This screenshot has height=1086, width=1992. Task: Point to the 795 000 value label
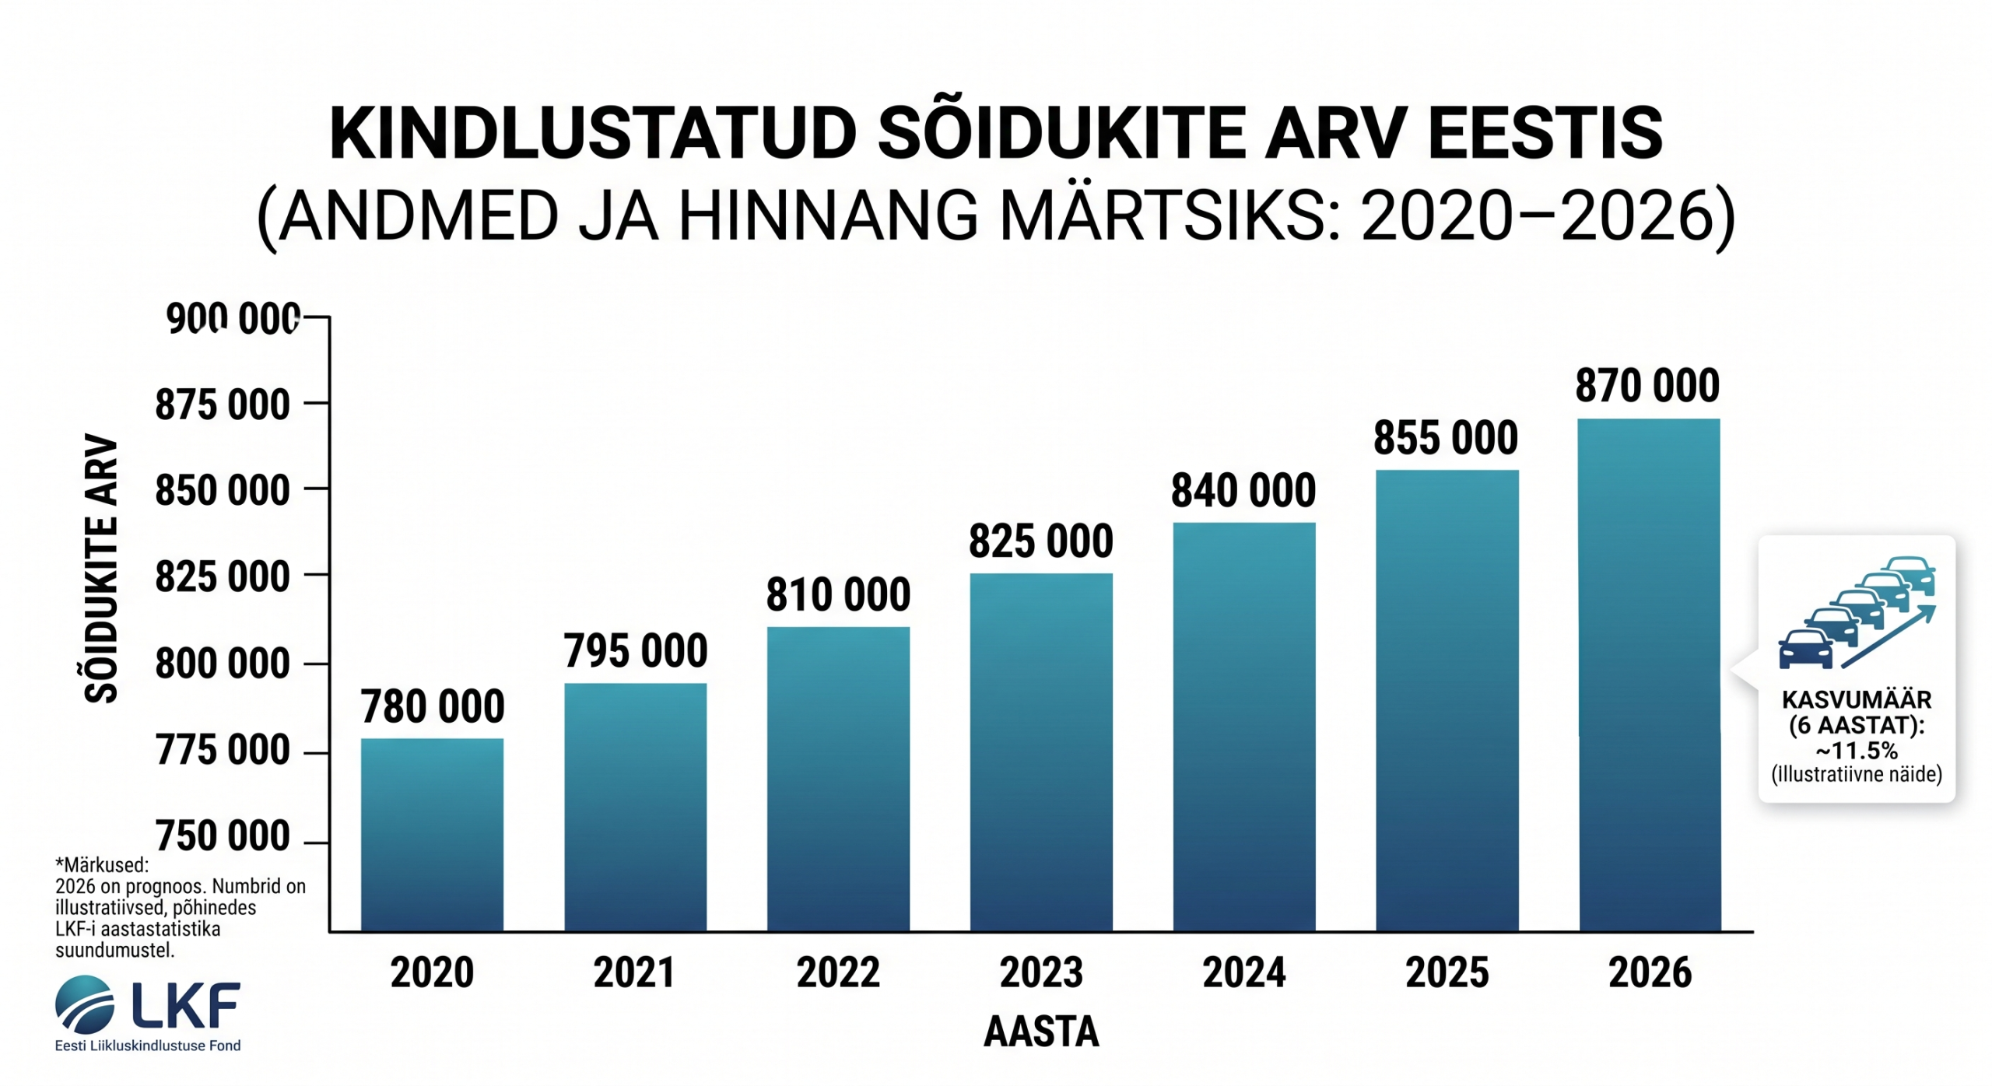[636, 650]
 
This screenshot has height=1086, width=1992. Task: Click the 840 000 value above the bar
[1243, 491]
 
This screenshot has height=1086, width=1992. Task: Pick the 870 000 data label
[1647, 386]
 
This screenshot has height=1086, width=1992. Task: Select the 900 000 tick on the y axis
[233, 319]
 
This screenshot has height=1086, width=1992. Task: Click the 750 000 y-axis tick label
[223, 836]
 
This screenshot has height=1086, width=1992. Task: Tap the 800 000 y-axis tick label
[223, 664]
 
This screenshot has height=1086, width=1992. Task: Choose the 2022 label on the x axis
[838, 972]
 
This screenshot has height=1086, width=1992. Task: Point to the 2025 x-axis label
[1447, 972]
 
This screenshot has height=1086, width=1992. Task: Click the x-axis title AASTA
[1041, 1032]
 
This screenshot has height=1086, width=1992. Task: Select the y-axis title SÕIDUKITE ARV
[101, 568]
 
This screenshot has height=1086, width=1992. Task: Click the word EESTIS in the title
[1545, 134]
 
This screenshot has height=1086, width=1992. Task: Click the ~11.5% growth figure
[1857, 751]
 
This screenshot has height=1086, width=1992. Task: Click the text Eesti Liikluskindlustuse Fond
[148, 1046]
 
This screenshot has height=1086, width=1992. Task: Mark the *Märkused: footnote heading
[102, 865]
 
